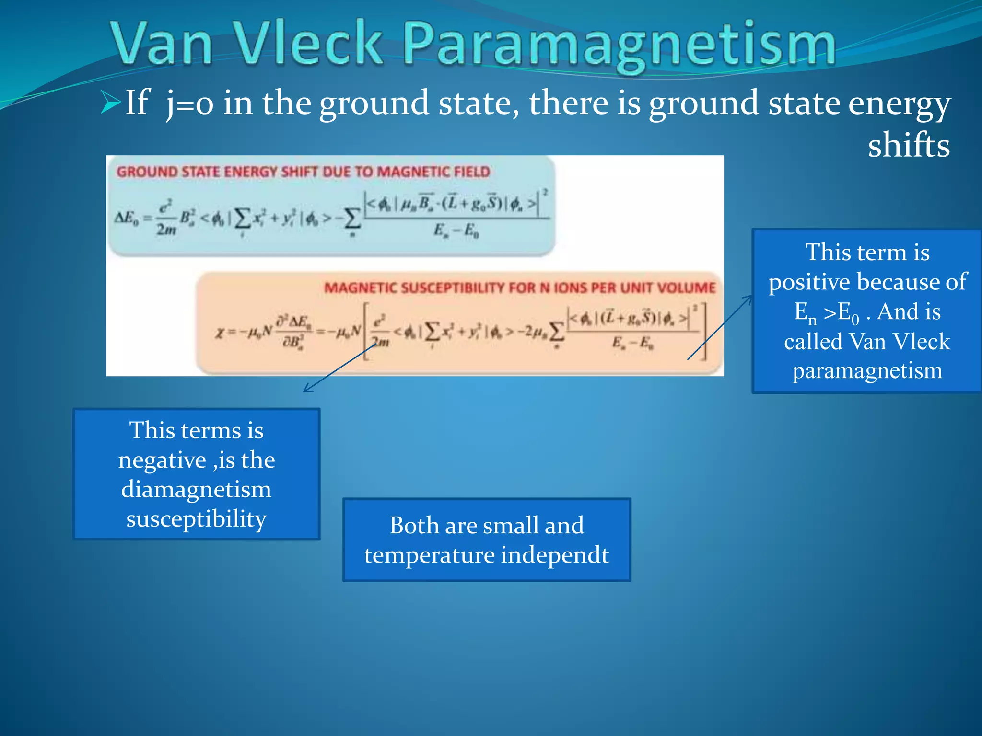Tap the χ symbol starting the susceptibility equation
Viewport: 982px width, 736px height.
tap(220, 332)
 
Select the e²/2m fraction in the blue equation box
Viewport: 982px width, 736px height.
tap(166, 218)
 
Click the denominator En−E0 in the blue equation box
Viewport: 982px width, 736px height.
tap(456, 231)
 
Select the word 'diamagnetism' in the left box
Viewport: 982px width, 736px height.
tap(196, 489)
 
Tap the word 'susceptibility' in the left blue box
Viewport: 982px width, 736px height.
tap(196, 519)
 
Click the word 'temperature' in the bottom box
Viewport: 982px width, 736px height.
tap(429, 555)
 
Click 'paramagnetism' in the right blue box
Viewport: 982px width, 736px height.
tap(867, 370)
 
